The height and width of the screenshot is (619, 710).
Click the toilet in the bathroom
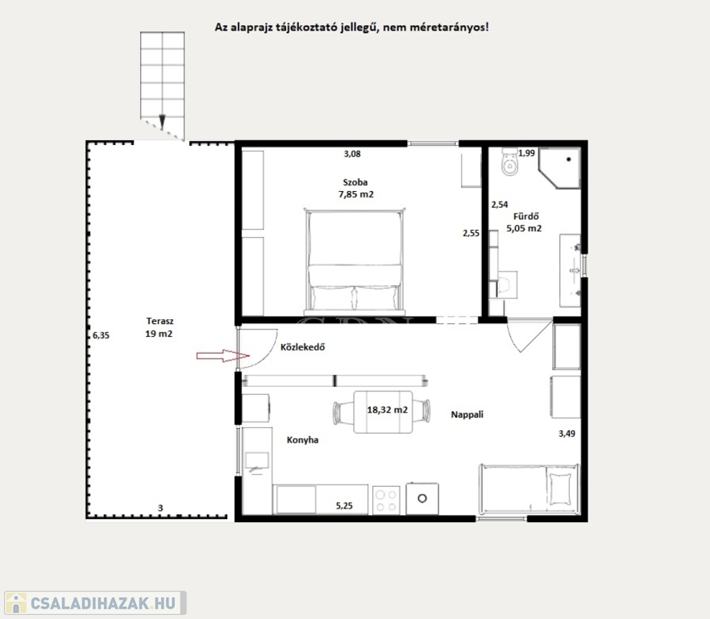coord(510,162)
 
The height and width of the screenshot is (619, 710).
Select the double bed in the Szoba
coord(355,262)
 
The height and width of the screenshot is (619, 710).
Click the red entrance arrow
coord(222,356)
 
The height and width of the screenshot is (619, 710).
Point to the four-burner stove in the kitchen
coord(386,500)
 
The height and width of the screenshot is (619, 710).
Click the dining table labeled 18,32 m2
coord(383,412)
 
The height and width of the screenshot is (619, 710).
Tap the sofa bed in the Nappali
coord(529,490)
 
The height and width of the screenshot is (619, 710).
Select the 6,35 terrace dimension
coord(101,335)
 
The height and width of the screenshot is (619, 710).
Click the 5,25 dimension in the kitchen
coord(344,506)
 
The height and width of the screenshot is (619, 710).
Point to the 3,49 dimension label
coord(567,434)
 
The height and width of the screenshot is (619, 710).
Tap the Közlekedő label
coord(303,347)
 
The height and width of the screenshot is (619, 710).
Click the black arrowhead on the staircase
coord(162,121)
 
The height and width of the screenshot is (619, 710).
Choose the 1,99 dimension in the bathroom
coord(526,153)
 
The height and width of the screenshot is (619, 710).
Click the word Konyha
coord(302,440)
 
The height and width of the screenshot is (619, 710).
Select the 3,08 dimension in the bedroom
coord(352,154)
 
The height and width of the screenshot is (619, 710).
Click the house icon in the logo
coord(15,603)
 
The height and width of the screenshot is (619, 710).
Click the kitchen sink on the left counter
coord(257,463)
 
